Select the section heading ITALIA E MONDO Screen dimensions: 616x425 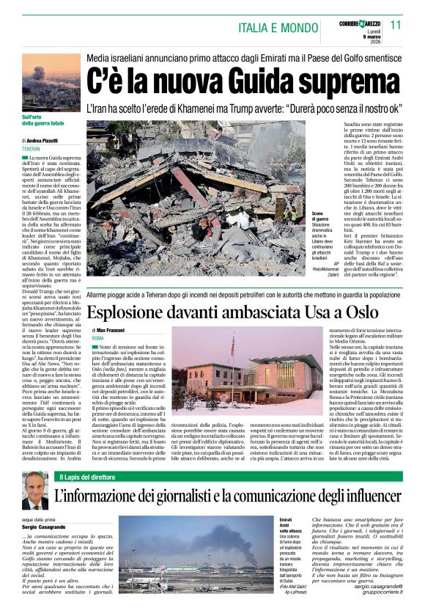click(276, 27)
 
